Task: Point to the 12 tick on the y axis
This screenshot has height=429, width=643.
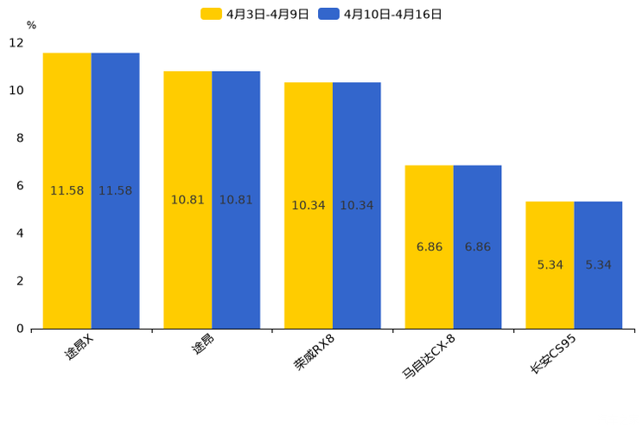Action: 16,43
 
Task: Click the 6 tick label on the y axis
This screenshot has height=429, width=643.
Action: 20,186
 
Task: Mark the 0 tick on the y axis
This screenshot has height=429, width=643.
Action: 20,329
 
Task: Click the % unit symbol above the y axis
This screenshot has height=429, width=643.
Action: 31,26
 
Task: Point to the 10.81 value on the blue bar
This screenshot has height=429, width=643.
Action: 236,200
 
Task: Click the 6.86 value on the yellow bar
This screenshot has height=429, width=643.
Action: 430,247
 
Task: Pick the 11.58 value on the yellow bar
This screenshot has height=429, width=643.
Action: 67,191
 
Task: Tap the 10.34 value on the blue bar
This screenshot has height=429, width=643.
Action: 357,206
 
